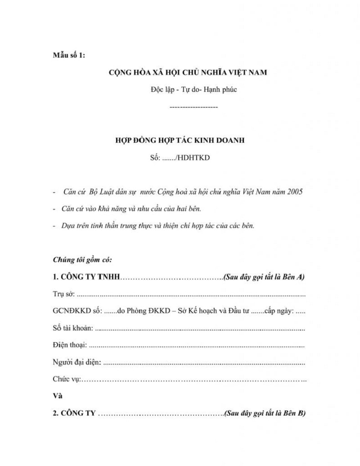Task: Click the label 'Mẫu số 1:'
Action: click(x=68, y=55)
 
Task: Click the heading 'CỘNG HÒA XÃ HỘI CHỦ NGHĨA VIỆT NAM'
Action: click(x=188, y=72)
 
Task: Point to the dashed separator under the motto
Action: click(x=194, y=107)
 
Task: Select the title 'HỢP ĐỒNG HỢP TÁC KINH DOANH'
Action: click(x=180, y=140)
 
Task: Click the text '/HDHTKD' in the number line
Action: click(x=196, y=158)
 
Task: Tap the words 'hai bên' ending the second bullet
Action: click(x=190, y=209)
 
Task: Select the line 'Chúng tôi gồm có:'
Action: click(x=82, y=260)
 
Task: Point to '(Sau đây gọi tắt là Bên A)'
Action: click(x=264, y=277)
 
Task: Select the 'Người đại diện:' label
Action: click(x=76, y=362)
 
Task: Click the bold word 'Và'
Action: click(x=58, y=396)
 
